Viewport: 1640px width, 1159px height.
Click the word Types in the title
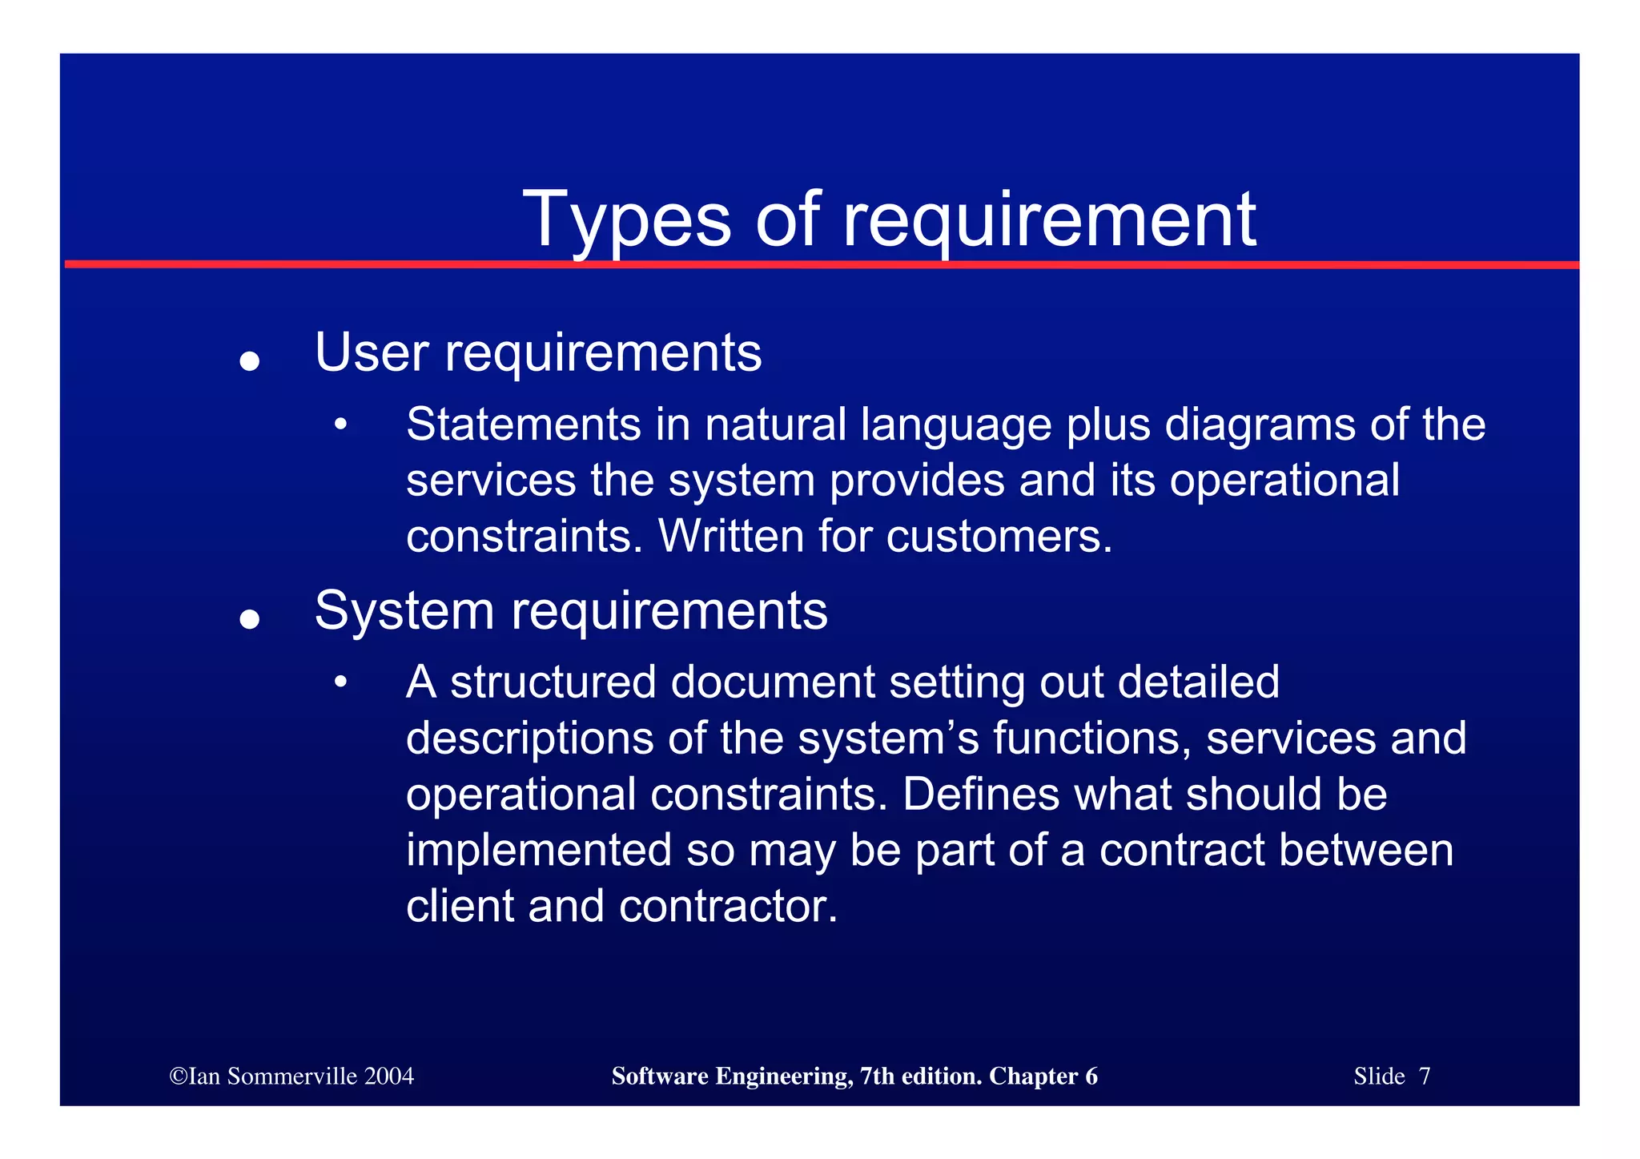coord(625,219)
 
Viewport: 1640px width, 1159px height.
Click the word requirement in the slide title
coord(1049,219)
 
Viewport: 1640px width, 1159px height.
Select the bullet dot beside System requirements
coord(250,619)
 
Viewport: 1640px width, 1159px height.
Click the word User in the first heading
coord(372,352)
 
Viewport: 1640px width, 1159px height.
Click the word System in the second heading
coord(404,612)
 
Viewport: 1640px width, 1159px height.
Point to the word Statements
coord(524,425)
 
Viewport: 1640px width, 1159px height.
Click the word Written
coord(730,536)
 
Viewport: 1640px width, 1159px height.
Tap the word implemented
coord(538,850)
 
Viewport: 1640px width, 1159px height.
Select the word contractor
coord(728,906)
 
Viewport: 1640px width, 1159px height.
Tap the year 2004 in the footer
coord(388,1077)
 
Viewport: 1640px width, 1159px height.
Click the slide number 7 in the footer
coord(1424,1077)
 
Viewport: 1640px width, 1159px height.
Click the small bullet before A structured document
coord(341,682)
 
